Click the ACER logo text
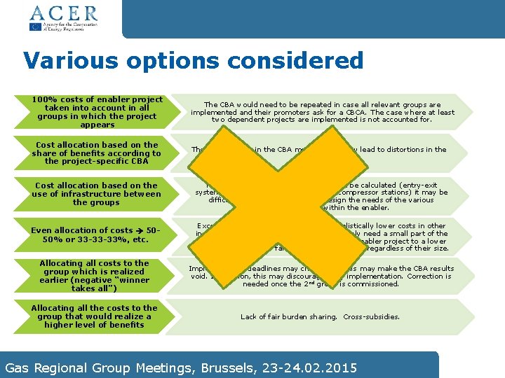62,13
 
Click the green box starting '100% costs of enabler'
97,112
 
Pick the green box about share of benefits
97,153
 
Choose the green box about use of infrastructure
97,194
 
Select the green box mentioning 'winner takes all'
97,276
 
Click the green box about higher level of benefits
97,316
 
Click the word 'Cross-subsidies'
372,317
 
